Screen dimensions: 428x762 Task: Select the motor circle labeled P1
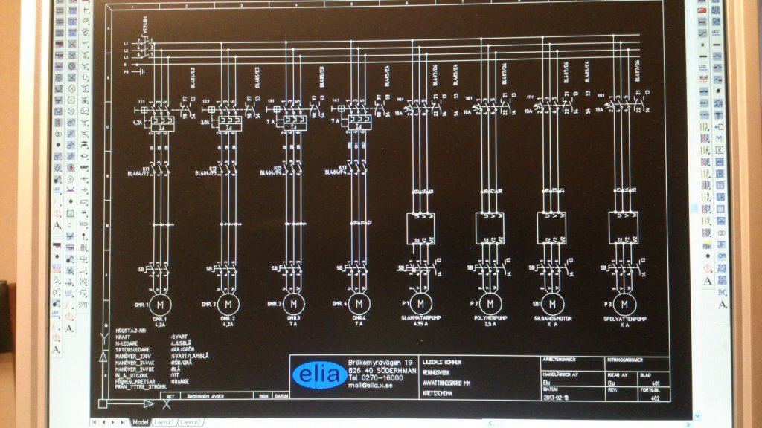tap(421, 303)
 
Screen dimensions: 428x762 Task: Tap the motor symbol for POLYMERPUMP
tap(489, 303)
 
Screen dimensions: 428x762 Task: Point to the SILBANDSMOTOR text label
tap(551, 317)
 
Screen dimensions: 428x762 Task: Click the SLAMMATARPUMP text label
tap(421, 317)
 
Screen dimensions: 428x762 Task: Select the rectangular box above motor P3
tap(624, 227)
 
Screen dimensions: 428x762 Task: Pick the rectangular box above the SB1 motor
tap(551, 227)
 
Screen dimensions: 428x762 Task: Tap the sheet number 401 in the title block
tap(655, 384)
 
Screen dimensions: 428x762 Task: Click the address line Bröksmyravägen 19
tap(380, 362)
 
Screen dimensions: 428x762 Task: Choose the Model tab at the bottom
tap(140, 421)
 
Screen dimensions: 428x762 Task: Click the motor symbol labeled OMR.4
tap(359, 304)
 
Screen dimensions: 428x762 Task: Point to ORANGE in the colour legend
tap(183, 381)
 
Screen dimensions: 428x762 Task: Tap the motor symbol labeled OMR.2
tap(229, 304)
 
